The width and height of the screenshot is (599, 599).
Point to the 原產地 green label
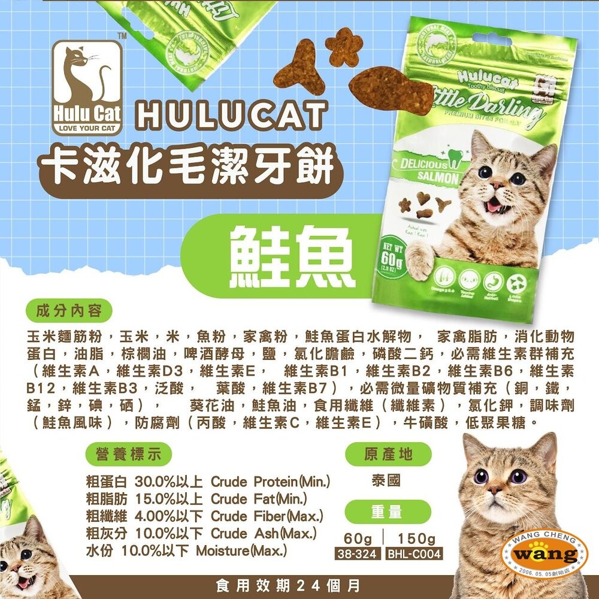click(389, 453)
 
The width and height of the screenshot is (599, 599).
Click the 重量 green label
click(389, 512)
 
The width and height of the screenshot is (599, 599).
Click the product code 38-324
click(357, 554)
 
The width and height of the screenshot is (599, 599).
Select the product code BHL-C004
click(414, 554)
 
